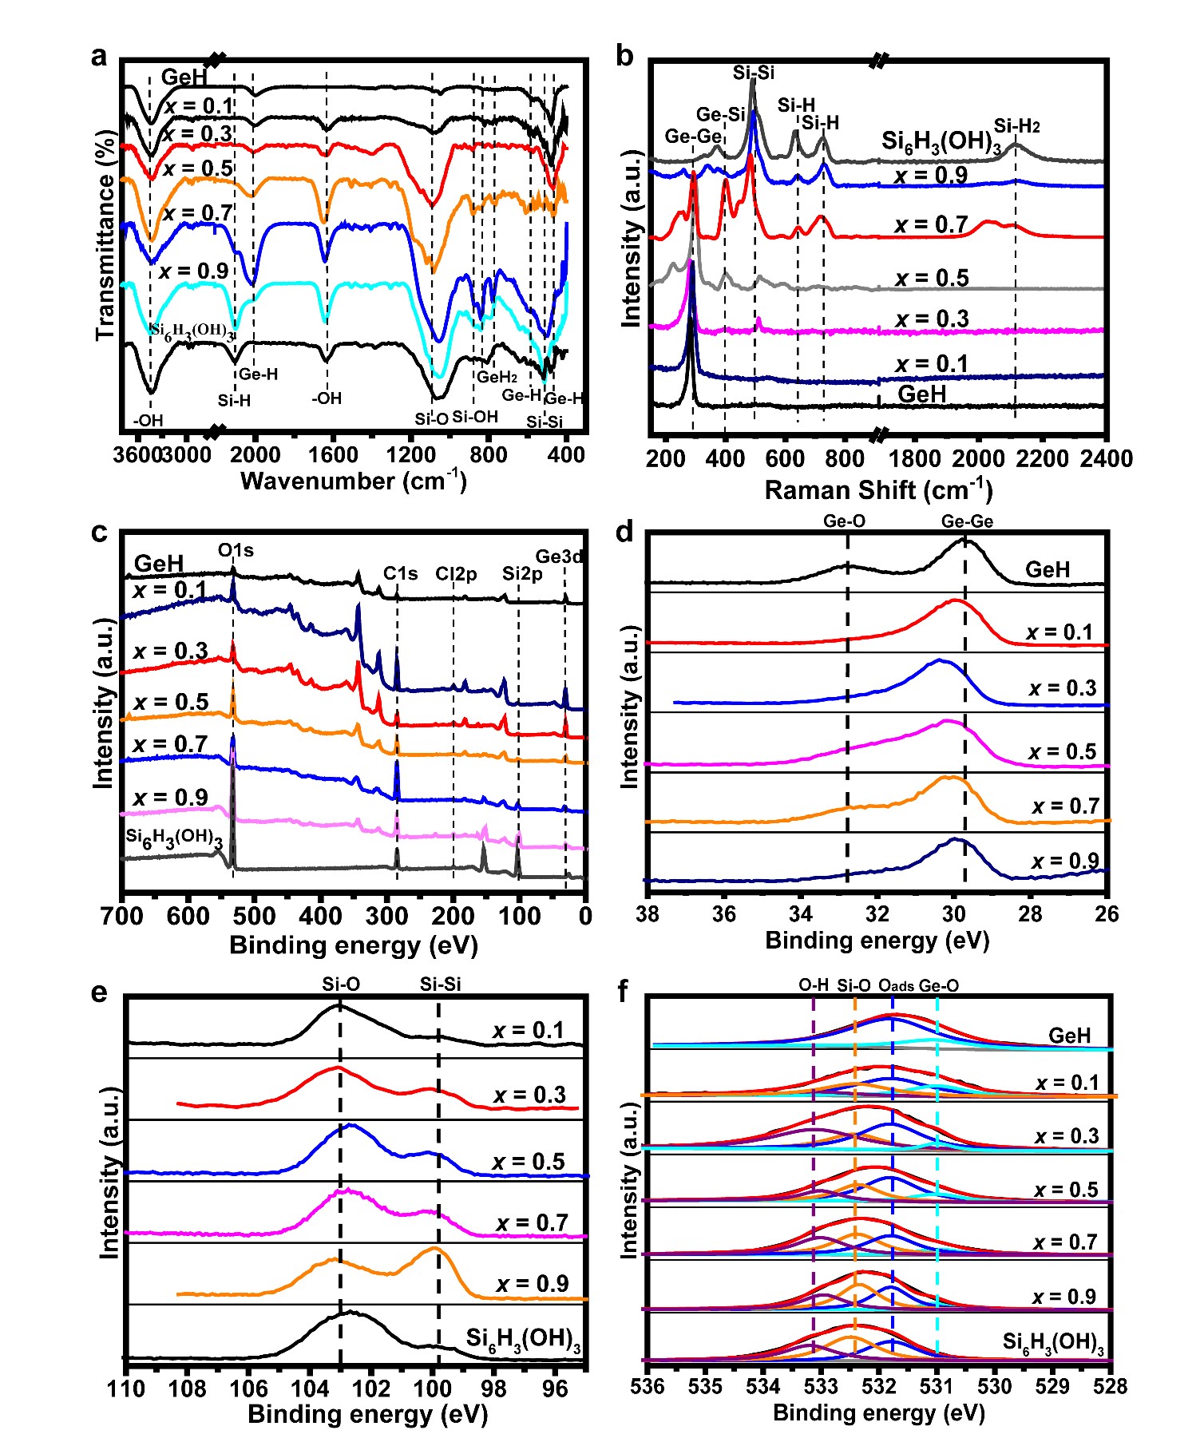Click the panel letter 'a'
pyautogui.click(x=99, y=57)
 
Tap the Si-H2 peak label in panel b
pyautogui.click(x=1016, y=126)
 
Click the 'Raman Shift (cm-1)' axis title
pyautogui.click(x=878, y=489)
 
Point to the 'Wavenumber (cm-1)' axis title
pyautogui.click(x=353, y=481)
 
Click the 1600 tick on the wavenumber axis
pyautogui.click(x=333, y=456)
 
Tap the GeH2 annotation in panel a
pyautogui.click(x=497, y=377)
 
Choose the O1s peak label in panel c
pyautogui.click(x=236, y=550)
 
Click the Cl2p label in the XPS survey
pyautogui.click(x=456, y=573)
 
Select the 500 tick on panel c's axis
pyautogui.click(x=255, y=916)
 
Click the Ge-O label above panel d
pyautogui.click(x=844, y=521)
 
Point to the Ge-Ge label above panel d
pyautogui.click(x=967, y=521)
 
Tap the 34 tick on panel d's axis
pyautogui.click(x=800, y=913)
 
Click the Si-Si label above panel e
pyautogui.click(x=441, y=984)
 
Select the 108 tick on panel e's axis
pyautogui.click(x=188, y=1389)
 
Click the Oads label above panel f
pyautogui.click(x=896, y=986)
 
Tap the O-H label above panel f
pyautogui.click(x=814, y=985)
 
